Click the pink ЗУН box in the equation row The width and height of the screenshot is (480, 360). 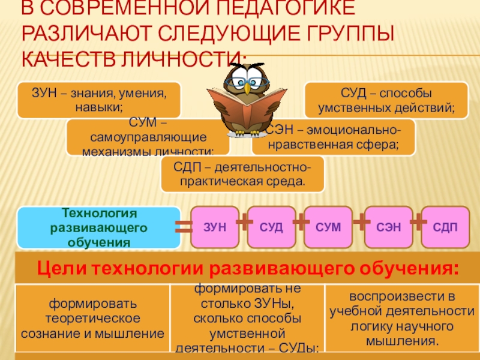215,227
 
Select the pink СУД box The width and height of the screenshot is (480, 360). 271,227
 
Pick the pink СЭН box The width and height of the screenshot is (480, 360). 388,227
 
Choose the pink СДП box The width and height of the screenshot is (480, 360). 445,227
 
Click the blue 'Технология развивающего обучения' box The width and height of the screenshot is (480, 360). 99,228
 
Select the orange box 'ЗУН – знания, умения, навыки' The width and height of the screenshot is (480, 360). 99,100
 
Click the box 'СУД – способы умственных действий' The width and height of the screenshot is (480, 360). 387,100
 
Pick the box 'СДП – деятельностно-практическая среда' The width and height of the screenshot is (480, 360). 242,174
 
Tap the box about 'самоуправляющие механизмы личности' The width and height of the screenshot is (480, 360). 147,137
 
